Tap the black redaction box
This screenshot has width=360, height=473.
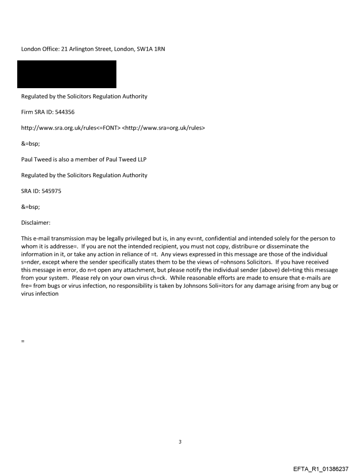tap(67, 74)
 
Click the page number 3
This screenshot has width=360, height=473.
tap(180, 442)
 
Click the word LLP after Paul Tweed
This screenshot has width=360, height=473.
tap(140, 160)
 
